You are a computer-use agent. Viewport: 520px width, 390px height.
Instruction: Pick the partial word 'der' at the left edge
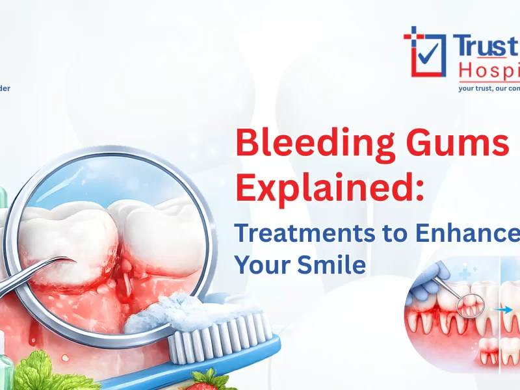(5, 88)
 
